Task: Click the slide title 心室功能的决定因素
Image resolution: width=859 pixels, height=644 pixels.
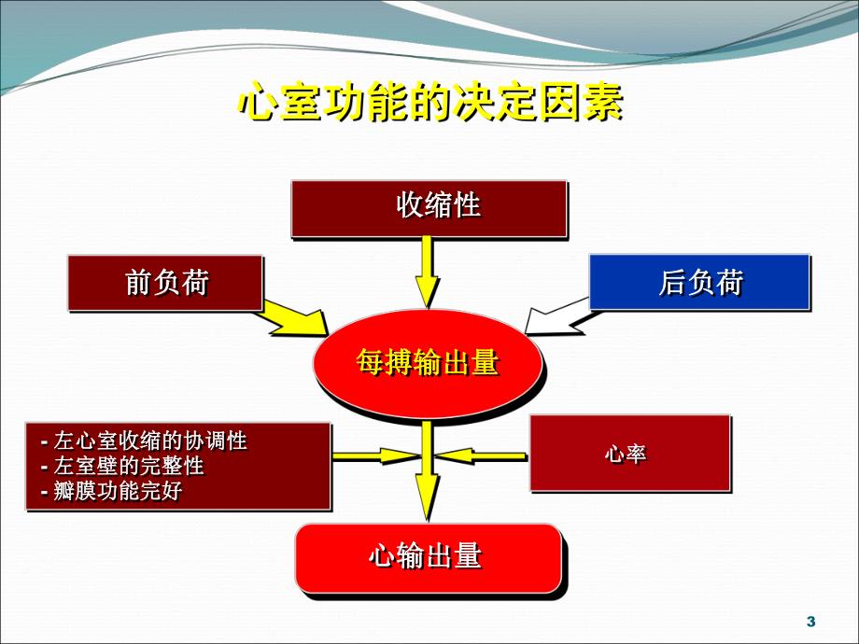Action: [429, 104]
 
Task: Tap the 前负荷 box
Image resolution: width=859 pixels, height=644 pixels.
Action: [164, 283]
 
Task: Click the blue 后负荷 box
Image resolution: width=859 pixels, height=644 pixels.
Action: [698, 282]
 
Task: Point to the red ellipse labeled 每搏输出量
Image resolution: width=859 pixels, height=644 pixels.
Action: [427, 364]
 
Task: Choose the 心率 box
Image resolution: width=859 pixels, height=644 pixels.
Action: [629, 454]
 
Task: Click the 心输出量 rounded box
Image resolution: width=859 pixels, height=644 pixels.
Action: [428, 558]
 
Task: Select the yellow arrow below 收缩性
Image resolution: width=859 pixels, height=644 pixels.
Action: [427, 272]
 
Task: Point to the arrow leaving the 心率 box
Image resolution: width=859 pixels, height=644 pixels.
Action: [482, 455]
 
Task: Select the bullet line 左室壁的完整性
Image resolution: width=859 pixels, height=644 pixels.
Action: [129, 465]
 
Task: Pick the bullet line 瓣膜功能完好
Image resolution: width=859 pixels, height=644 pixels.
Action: [118, 490]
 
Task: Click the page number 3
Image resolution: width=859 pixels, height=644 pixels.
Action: [810, 622]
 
